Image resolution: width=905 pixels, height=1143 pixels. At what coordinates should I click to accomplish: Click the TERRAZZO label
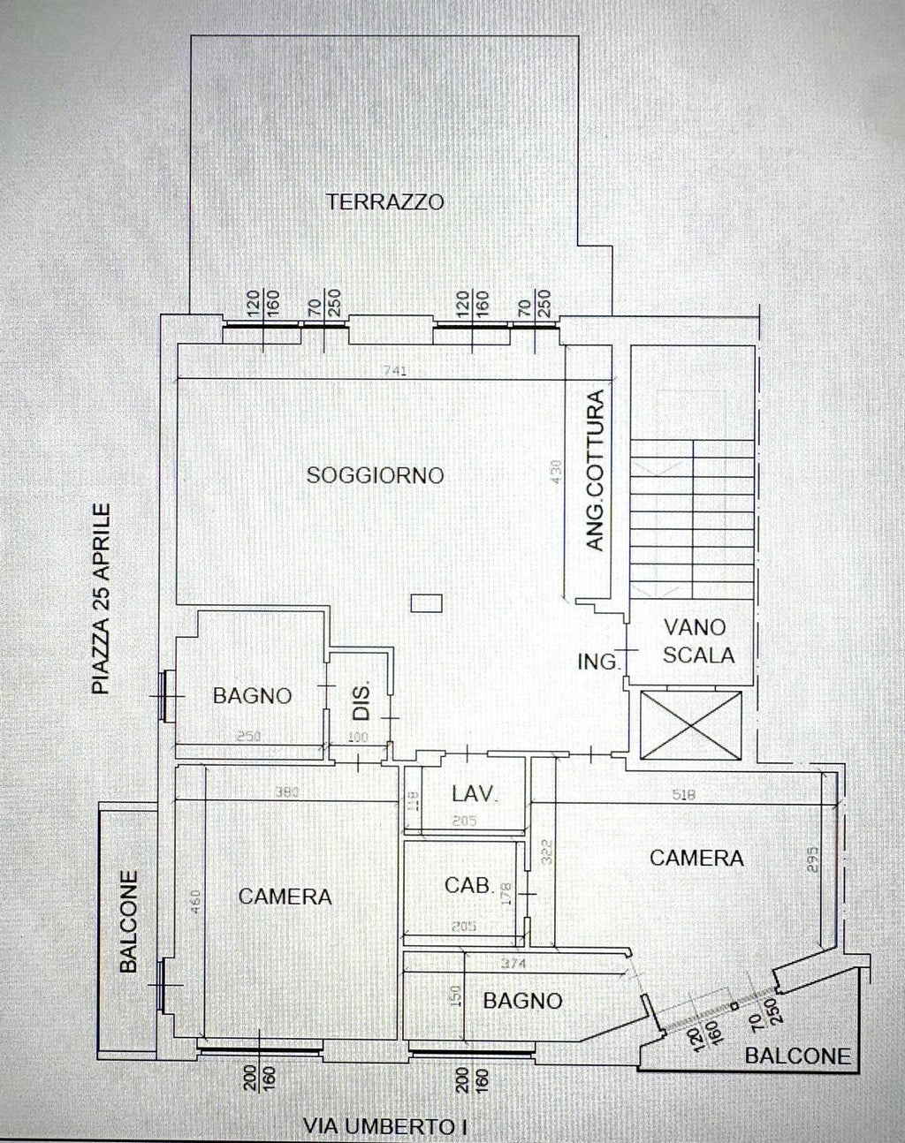[x=384, y=201]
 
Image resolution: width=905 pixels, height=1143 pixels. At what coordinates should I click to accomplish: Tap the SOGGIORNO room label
[x=375, y=475]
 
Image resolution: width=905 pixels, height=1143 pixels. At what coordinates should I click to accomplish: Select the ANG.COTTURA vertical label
[x=597, y=472]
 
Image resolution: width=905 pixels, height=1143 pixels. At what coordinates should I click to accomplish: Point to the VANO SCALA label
[x=696, y=641]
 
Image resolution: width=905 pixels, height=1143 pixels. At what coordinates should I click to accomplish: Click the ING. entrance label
[x=598, y=661]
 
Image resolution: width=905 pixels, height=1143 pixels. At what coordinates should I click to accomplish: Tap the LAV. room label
[x=475, y=793]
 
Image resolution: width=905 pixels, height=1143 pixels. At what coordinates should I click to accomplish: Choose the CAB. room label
[x=468, y=884]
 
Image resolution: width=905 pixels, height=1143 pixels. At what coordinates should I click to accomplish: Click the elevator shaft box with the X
[x=691, y=724]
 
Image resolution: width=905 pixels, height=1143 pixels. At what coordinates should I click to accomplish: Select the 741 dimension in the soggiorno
[x=396, y=372]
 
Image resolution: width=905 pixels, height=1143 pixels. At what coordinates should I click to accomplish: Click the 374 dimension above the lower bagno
[x=514, y=963]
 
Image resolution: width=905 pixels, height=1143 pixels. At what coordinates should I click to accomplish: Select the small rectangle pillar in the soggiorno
[x=427, y=603]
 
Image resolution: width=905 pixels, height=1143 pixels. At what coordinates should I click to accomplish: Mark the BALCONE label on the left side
[x=129, y=922]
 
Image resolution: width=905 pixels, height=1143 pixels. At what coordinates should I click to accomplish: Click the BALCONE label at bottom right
[x=797, y=1056]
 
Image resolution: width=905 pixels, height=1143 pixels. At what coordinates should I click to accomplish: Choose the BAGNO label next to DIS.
[x=252, y=696]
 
